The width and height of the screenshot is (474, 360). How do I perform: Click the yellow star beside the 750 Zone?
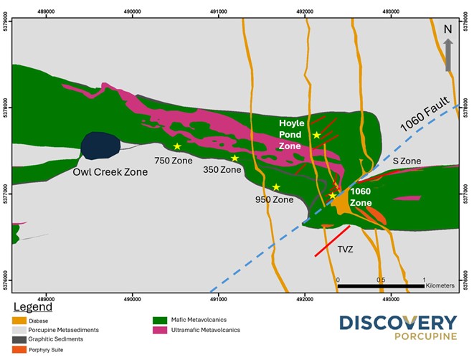177,146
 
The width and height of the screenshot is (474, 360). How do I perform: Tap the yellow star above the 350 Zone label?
234,158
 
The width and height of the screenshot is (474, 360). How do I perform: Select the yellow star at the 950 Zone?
276,187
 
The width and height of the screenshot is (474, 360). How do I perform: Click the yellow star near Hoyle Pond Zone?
316,135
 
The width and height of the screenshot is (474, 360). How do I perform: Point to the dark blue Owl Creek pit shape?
100,146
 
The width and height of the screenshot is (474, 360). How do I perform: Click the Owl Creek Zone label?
110,172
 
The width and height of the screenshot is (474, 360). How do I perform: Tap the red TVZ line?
331,241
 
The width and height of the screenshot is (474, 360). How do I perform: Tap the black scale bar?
381,287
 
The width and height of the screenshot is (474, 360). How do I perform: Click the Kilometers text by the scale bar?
440,285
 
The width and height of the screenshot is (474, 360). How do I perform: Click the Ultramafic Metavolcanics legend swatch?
159,330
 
